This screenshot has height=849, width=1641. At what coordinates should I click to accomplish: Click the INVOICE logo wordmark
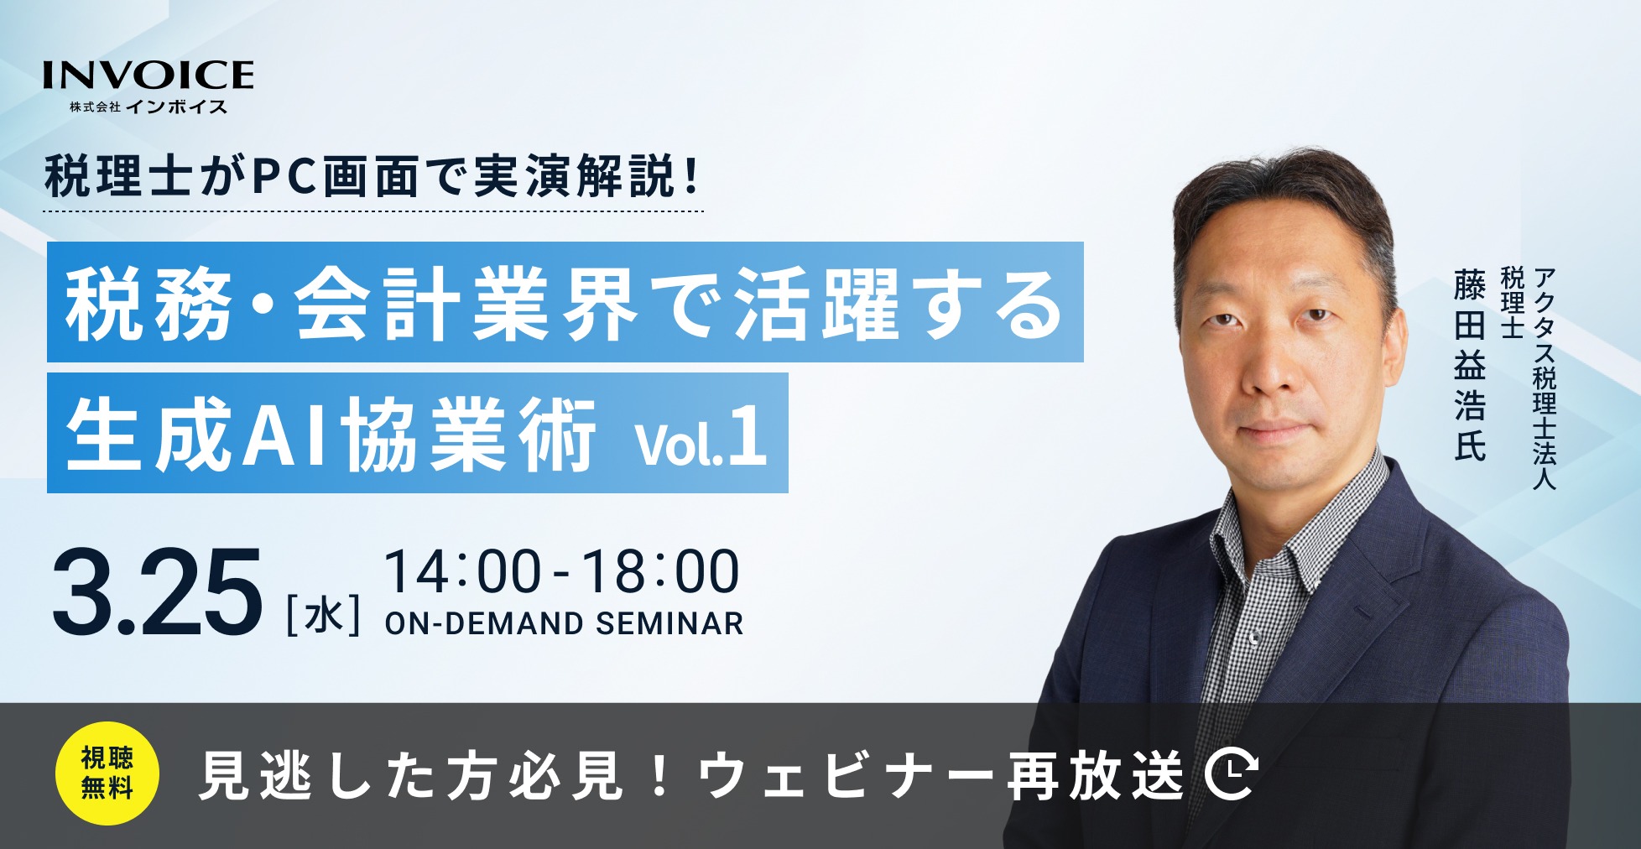[148, 75]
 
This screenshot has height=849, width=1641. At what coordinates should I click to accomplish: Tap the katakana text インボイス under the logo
[177, 107]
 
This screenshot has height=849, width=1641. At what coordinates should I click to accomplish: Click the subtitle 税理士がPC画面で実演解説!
[372, 177]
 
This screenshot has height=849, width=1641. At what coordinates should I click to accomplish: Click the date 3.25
[157, 592]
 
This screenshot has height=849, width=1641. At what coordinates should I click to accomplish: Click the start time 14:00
[463, 572]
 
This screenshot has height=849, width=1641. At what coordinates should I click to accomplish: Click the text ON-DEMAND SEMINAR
[564, 623]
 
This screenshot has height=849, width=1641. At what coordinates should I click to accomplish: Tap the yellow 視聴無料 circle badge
[107, 773]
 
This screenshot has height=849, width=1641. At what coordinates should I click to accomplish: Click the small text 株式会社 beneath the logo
[96, 107]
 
